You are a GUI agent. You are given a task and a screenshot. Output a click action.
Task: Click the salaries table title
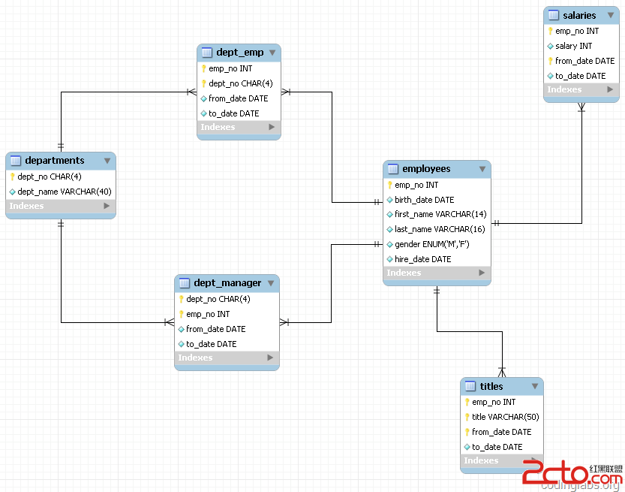point(579,16)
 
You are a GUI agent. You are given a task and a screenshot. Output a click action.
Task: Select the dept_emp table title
point(239,53)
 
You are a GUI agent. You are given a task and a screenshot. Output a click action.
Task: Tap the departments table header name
point(55,161)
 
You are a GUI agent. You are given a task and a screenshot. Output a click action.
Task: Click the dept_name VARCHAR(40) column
point(65,192)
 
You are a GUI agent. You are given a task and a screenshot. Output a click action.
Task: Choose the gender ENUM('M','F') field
point(431,244)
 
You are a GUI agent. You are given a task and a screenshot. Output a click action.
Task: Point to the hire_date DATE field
point(422,259)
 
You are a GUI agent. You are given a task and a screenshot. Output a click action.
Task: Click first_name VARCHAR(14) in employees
point(440,214)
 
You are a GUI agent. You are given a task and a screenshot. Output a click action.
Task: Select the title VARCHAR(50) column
point(505,417)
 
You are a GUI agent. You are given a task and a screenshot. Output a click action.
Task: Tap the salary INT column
point(573,46)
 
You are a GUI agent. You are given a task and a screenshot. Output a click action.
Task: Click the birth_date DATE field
point(424,200)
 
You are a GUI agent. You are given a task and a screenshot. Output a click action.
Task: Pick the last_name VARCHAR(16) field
point(440,229)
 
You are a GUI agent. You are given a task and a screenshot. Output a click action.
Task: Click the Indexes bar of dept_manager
point(227,358)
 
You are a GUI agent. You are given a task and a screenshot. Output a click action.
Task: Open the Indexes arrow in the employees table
point(482,273)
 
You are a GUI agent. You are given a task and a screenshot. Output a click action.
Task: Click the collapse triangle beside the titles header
point(535,386)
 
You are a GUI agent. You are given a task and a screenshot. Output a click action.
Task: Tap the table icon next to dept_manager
point(184,283)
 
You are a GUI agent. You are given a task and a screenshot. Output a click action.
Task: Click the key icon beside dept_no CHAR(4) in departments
point(12,177)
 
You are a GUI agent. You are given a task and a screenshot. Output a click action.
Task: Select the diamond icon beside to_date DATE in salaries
point(550,76)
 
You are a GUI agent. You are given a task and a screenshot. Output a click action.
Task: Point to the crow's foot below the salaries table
point(581,107)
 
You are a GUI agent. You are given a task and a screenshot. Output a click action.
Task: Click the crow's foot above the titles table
point(502,373)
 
